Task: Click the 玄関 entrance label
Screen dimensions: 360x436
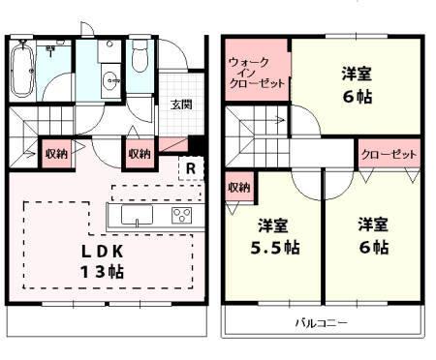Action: pos(181,105)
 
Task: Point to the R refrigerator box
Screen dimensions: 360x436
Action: pos(193,167)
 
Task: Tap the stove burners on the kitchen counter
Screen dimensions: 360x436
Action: pos(182,215)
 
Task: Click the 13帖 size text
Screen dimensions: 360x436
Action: pos(101,272)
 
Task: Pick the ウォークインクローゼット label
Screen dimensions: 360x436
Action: pos(257,73)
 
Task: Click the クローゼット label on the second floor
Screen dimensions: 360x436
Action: pos(388,155)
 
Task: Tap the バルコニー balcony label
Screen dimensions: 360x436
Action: pos(321,322)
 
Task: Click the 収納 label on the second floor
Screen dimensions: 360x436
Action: pos(238,186)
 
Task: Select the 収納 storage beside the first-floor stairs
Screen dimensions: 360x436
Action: pos(55,153)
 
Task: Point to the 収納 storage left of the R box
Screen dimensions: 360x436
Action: pos(139,153)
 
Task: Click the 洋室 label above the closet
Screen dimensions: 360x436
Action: pos(355,74)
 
